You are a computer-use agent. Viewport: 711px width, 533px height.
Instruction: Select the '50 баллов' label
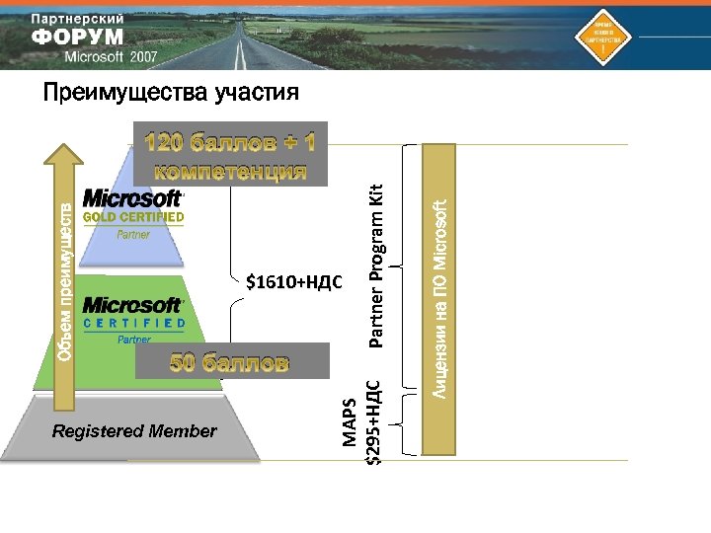coord(230,362)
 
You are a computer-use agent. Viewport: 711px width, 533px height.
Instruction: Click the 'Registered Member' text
coord(134,431)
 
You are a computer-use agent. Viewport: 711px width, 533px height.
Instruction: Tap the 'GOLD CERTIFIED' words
coord(133,217)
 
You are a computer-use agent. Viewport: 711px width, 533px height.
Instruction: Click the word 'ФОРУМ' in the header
coord(78,37)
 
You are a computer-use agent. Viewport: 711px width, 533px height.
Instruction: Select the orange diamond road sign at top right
coord(601,37)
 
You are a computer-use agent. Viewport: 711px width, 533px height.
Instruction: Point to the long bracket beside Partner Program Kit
coord(406,266)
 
